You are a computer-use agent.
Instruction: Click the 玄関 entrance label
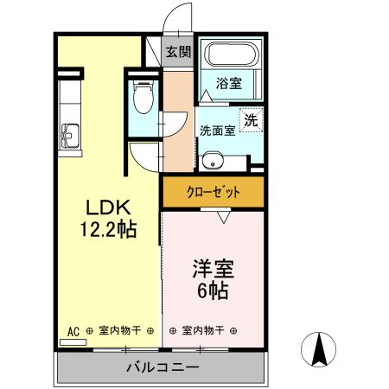pyautogui.click(x=179, y=52)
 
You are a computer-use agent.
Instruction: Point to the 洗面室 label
pyautogui.click(x=217, y=131)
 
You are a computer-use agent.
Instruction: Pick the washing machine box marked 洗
pyautogui.click(x=251, y=121)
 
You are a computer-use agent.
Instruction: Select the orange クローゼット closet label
pyautogui.click(x=213, y=192)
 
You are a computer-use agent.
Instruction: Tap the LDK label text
pyautogui.click(x=107, y=208)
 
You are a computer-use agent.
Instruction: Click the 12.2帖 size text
pyautogui.click(x=107, y=230)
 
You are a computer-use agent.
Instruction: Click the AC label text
pyautogui.click(x=73, y=330)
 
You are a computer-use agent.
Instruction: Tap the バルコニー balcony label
pyautogui.click(x=163, y=367)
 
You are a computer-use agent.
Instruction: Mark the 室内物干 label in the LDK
pyautogui.click(x=120, y=330)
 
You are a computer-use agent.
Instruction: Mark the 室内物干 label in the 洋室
pyautogui.click(x=205, y=330)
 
